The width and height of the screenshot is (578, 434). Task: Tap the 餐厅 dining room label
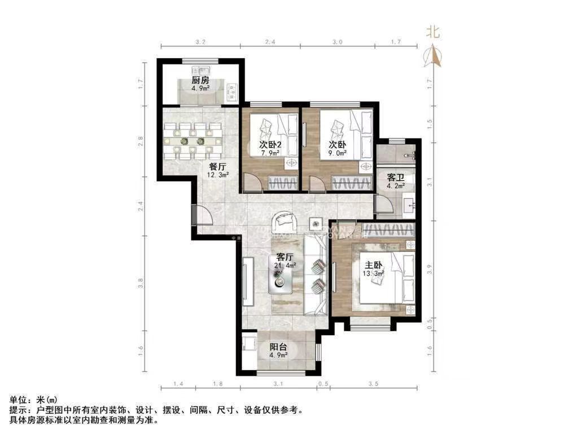pyautogui.click(x=218, y=167)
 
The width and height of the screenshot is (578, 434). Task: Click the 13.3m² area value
pyautogui.click(x=373, y=274)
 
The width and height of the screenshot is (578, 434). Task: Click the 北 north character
pyautogui.click(x=433, y=32)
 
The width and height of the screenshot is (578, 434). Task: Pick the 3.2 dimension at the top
pyautogui.click(x=200, y=42)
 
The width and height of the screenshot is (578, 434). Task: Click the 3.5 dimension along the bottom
pyautogui.click(x=373, y=385)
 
